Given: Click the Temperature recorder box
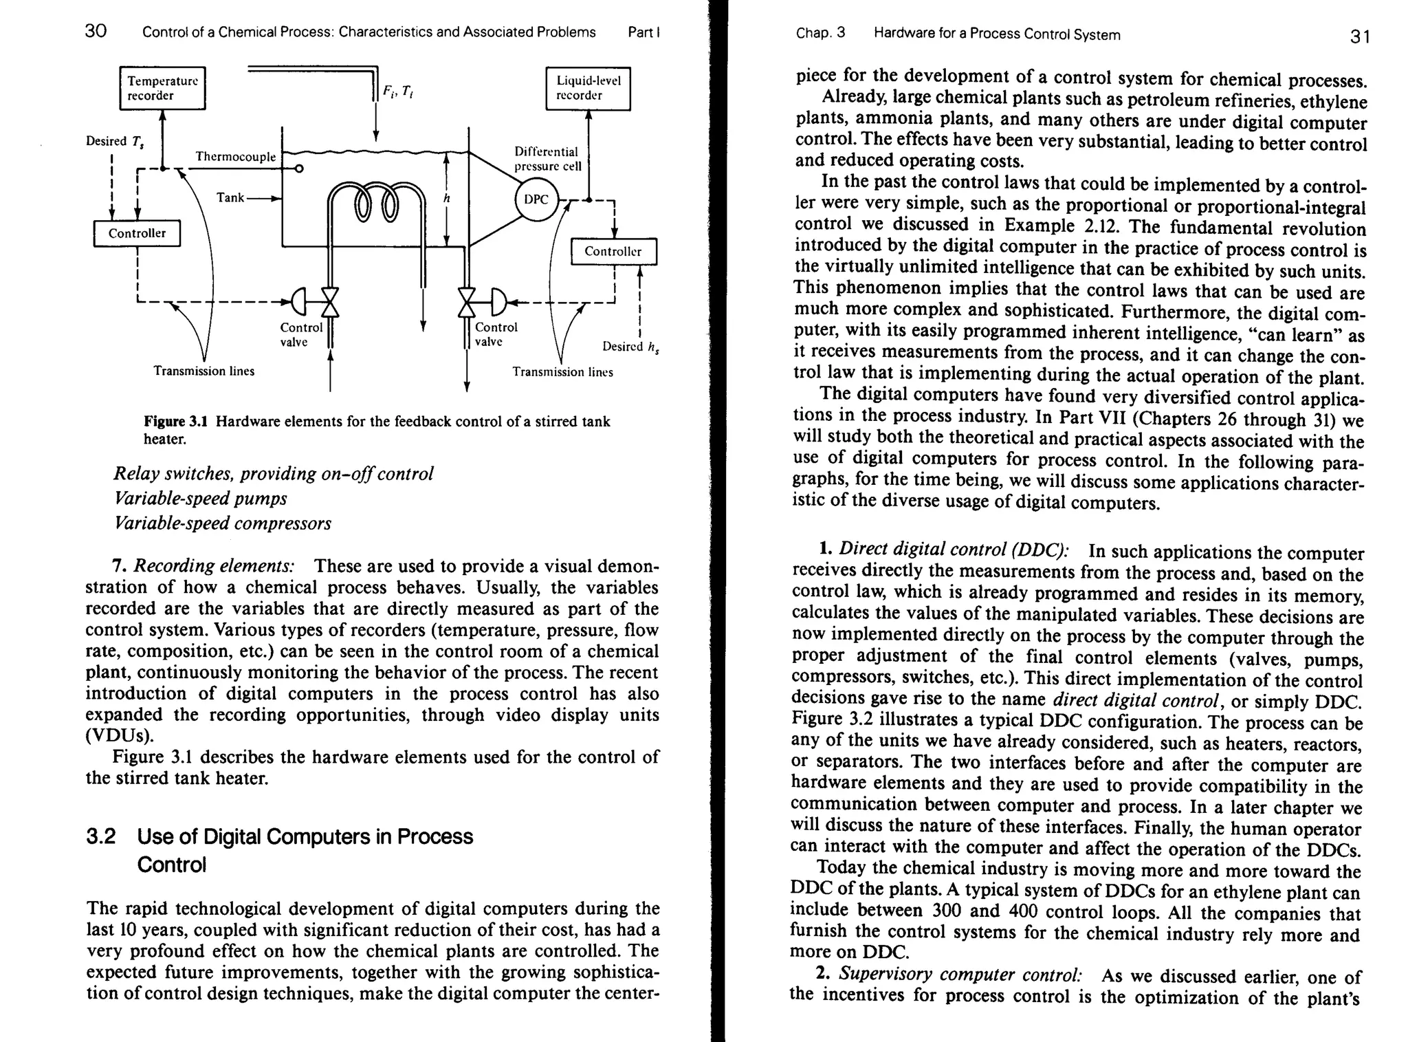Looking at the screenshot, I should coord(162,88).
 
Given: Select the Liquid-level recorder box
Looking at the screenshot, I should coord(588,88).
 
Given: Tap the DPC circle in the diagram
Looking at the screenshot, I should coord(536,199).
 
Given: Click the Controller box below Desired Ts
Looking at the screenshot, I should coord(137,233).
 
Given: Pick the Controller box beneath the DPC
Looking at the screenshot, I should coord(613,251).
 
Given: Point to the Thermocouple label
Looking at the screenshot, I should coord(235,157).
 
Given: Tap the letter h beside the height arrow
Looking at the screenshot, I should coord(446,198).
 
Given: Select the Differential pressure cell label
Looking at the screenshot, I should coord(547,159).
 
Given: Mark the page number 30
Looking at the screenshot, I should coord(96,31).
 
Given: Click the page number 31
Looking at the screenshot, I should coord(1360,36).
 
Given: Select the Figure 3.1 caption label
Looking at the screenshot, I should coord(178,422).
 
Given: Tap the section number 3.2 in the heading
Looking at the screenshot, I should coord(100,837).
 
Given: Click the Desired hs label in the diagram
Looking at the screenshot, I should coord(630,347).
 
